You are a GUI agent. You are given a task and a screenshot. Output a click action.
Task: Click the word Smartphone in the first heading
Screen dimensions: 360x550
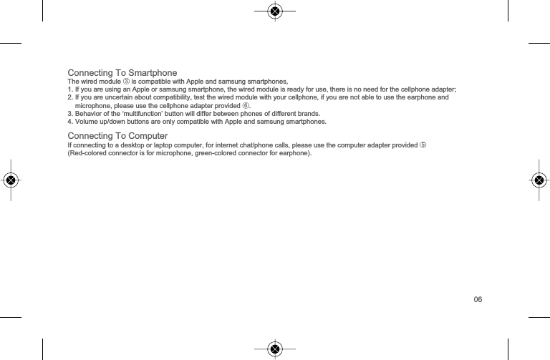150,74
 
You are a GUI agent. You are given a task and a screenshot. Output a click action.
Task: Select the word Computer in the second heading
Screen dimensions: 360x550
143,136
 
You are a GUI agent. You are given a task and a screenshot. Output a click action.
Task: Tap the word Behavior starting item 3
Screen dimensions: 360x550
90,113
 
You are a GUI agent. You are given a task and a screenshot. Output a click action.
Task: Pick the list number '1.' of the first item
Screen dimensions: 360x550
69,89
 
